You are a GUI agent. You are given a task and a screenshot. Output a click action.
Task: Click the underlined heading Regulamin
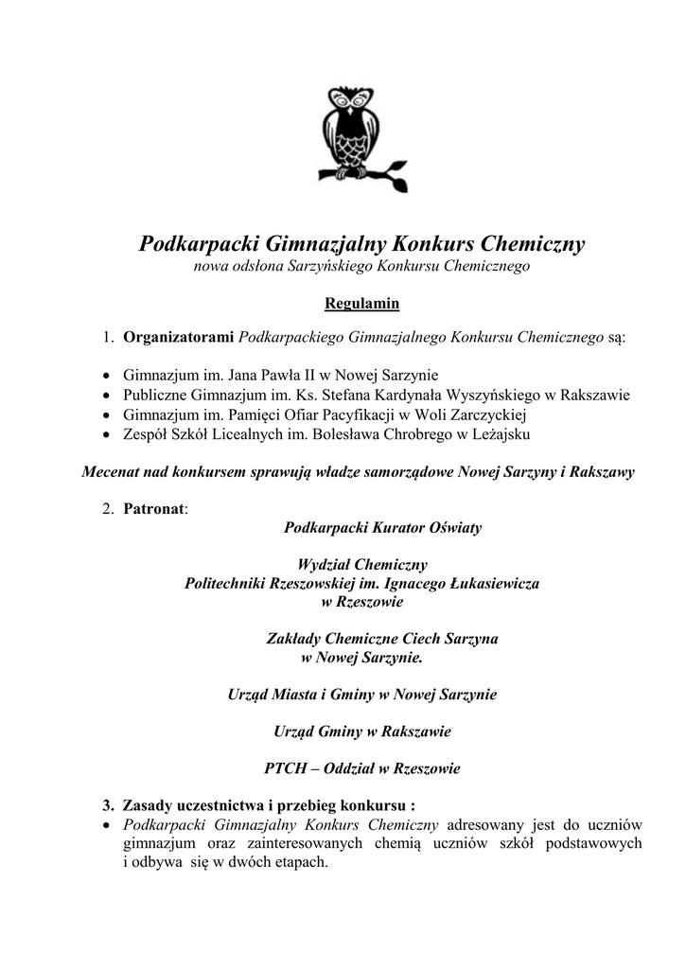tap(362, 304)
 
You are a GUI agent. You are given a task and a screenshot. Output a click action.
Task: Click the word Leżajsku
tap(501, 435)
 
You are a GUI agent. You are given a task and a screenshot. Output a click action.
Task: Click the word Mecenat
tap(113, 472)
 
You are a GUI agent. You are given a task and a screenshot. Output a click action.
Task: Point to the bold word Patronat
tap(154, 508)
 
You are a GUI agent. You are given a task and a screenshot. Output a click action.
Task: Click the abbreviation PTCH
tap(286, 768)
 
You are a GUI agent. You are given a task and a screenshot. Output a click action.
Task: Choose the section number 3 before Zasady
tap(107, 806)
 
